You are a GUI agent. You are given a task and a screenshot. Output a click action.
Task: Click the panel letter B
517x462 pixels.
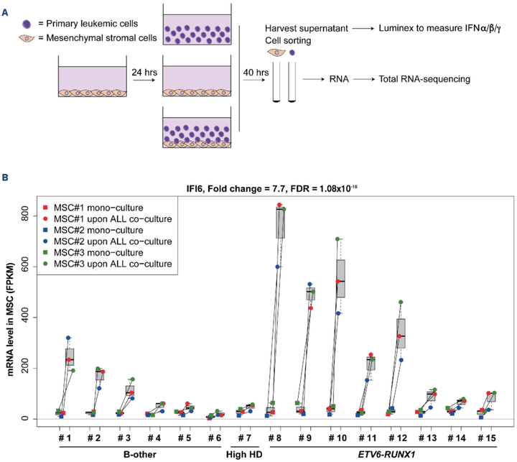pos(7,177)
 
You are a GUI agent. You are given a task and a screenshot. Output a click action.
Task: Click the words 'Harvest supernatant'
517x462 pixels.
pos(310,30)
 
